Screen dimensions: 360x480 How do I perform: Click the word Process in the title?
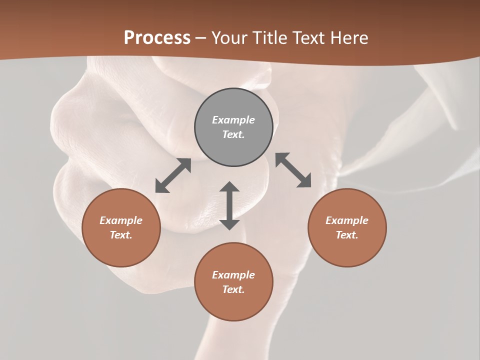[x=157, y=38]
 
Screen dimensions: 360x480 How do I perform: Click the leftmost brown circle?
[x=121, y=227]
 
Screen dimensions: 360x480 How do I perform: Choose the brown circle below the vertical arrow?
[x=233, y=281]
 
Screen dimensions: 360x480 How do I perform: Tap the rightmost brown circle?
[x=347, y=227]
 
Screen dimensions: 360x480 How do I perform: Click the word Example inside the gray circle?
[x=233, y=120]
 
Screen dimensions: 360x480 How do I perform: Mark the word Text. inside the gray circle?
[x=233, y=134]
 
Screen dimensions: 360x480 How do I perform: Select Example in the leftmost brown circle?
[x=121, y=220]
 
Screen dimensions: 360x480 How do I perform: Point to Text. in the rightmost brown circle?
[x=347, y=235]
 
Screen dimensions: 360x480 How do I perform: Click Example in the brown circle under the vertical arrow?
[x=233, y=275]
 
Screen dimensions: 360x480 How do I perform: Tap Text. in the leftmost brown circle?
[x=121, y=235]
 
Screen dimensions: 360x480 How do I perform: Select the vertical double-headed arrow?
[x=229, y=205]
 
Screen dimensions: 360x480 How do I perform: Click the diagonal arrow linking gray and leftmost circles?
[x=173, y=175]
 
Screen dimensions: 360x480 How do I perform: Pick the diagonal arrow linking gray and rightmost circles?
[x=293, y=170]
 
